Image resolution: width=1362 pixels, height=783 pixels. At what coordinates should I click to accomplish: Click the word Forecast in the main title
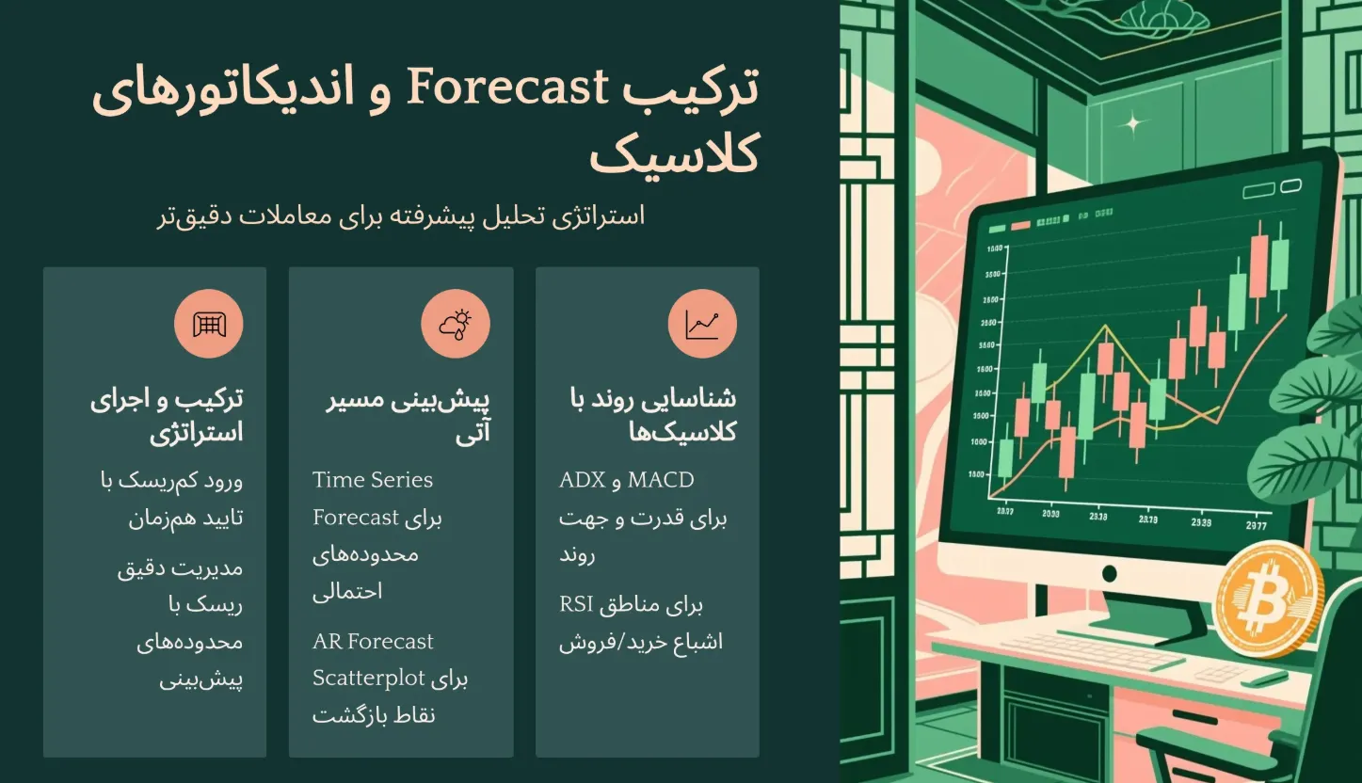(x=507, y=88)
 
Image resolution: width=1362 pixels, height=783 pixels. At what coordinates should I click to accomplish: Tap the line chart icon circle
(x=702, y=324)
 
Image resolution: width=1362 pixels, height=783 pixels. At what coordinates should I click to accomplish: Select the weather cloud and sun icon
(x=456, y=324)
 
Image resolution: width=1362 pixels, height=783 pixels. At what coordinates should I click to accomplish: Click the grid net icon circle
(x=209, y=324)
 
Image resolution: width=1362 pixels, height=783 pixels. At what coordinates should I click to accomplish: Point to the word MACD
(x=661, y=480)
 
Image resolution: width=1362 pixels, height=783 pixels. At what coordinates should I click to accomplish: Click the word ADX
(x=583, y=480)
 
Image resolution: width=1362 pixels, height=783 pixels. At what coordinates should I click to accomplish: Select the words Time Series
(x=373, y=480)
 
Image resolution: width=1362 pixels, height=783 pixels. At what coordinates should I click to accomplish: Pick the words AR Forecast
(x=373, y=641)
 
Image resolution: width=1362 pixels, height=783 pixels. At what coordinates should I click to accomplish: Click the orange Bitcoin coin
(x=1268, y=599)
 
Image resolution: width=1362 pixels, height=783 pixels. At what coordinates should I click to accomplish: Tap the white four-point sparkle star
(x=1132, y=124)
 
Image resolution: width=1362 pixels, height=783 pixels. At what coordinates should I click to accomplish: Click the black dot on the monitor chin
(x=1109, y=573)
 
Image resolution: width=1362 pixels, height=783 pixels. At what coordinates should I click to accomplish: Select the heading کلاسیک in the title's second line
(x=674, y=155)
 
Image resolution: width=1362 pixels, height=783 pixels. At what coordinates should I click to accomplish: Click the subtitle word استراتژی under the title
(x=599, y=216)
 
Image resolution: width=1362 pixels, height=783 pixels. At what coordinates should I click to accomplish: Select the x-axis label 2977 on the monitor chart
(x=1257, y=525)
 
